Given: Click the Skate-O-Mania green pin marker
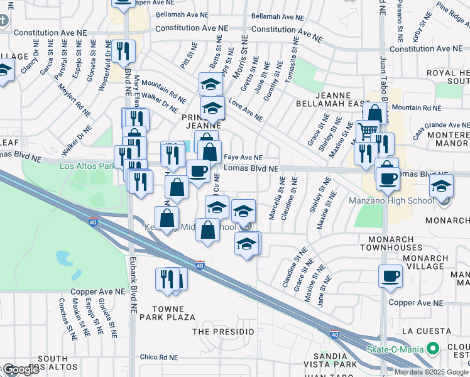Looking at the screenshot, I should tap(432, 348).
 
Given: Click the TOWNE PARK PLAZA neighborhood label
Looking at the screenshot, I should tap(168, 313).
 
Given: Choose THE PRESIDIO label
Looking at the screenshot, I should tap(223, 331).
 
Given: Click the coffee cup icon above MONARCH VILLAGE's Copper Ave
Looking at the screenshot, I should tap(390, 275).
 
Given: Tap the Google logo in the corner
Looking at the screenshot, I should tap(20, 369).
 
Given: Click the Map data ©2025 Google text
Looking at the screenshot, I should tap(430, 372).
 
